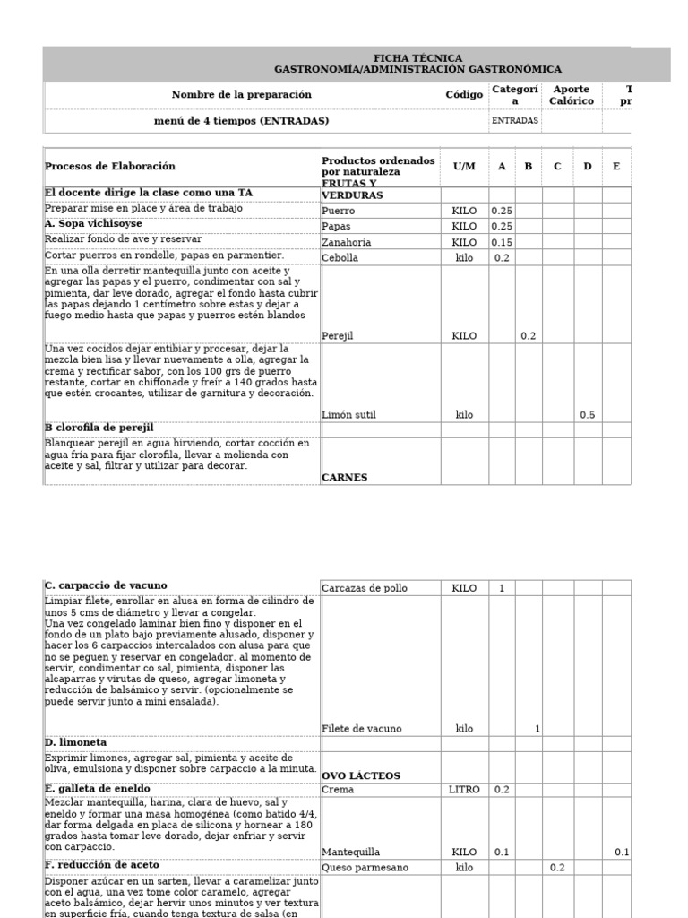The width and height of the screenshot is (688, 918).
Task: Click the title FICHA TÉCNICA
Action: [x=417, y=58]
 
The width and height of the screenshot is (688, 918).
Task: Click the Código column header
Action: [x=464, y=95]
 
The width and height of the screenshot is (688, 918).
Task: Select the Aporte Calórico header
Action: [x=572, y=95]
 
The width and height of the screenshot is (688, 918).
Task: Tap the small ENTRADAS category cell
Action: [x=514, y=121]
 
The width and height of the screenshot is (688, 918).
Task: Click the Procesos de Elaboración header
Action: [x=110, y=166]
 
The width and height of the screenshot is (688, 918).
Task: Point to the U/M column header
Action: [x=464, y=166]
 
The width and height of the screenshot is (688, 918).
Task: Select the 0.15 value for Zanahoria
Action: [x=502, y=242]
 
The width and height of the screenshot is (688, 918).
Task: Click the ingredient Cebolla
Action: [x=340, y=258]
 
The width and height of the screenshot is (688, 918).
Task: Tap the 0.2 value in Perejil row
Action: [x=529, y=336]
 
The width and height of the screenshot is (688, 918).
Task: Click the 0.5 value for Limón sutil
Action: [x=587, y=415]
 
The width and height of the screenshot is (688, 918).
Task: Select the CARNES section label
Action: [x=345, y=478]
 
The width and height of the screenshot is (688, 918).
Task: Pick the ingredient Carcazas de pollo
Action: [x=365, y=588]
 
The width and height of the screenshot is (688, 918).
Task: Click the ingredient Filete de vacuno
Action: [x=362, y=729]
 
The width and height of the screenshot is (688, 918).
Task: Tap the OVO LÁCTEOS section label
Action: [x=361, y=775]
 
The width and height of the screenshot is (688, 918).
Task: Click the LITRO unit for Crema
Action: [x=464, y=790]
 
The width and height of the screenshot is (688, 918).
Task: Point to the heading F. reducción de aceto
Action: [x=101, y=865]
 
